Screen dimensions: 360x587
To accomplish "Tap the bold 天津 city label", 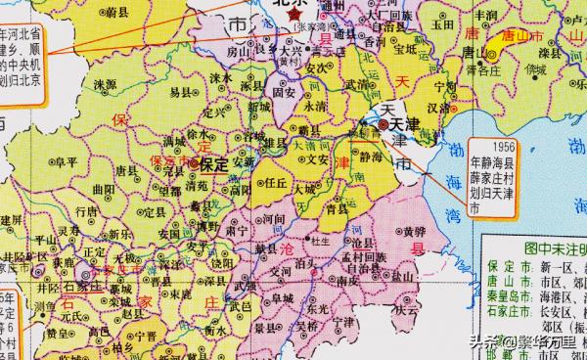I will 409,126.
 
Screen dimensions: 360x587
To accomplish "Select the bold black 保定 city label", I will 214,164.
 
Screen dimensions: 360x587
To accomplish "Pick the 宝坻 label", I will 403,45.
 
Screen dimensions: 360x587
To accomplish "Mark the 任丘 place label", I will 277,180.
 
